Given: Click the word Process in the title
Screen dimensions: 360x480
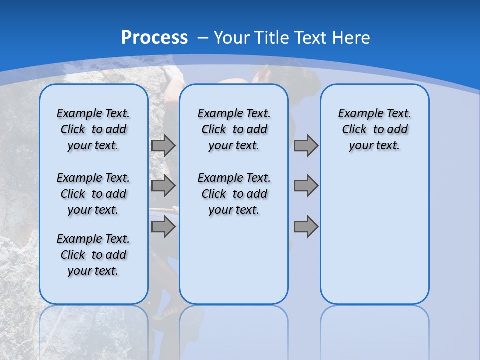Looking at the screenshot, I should point(154,38).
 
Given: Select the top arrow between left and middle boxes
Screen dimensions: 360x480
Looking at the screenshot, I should point(163,145).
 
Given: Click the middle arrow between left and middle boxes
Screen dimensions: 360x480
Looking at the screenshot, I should point(163,186).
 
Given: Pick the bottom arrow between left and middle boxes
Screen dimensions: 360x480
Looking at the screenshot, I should point(163,227).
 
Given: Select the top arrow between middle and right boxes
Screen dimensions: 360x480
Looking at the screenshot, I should point(306,145).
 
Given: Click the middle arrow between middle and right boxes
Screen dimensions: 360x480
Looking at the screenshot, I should point(306,186).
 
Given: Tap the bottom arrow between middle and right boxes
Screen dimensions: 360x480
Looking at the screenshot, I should point(306,227).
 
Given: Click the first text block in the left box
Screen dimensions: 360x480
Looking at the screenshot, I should point(93,129).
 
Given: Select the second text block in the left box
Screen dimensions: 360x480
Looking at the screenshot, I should point(93,194).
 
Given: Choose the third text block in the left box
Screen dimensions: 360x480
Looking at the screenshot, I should point(93,255).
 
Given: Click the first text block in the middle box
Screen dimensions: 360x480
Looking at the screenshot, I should point(234,129).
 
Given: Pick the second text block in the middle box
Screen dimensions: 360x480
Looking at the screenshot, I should point(234,194).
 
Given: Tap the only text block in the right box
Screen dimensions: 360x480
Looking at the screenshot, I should point(374,129).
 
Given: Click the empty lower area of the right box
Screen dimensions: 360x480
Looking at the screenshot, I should point(374,235).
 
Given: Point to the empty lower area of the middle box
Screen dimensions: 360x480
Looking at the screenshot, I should point(234,260).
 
